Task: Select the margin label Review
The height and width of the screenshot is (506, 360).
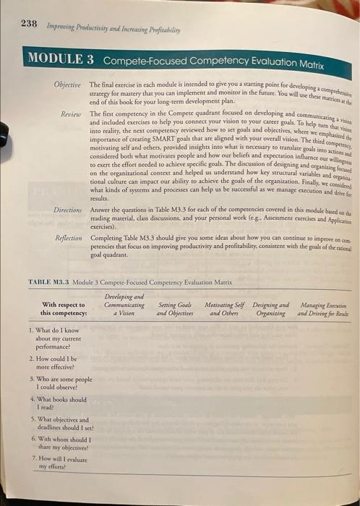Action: pyautogui.click(x=70, y=113)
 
